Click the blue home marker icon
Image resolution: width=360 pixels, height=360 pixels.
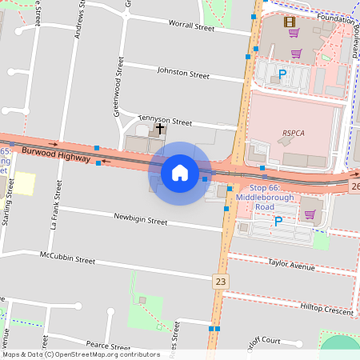[180, 173]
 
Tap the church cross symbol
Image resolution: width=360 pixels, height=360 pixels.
[160, 127]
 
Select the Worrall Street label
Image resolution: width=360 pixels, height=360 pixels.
[192, 26]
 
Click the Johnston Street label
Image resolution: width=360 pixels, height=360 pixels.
[183, 74]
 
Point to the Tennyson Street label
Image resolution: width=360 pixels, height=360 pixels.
[166, 120]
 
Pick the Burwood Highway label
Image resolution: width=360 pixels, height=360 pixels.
[56, 154]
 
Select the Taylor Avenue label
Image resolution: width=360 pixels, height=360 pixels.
[292, 264]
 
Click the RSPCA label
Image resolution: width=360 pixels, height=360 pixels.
[294, 133]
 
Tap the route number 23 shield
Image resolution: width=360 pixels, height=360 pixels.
[221, 281]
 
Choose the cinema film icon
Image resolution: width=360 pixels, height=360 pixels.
[288, 22]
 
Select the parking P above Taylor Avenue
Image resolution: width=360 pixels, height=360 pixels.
[278, 222]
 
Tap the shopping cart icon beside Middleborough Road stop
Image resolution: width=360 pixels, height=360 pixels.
[309, 214]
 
